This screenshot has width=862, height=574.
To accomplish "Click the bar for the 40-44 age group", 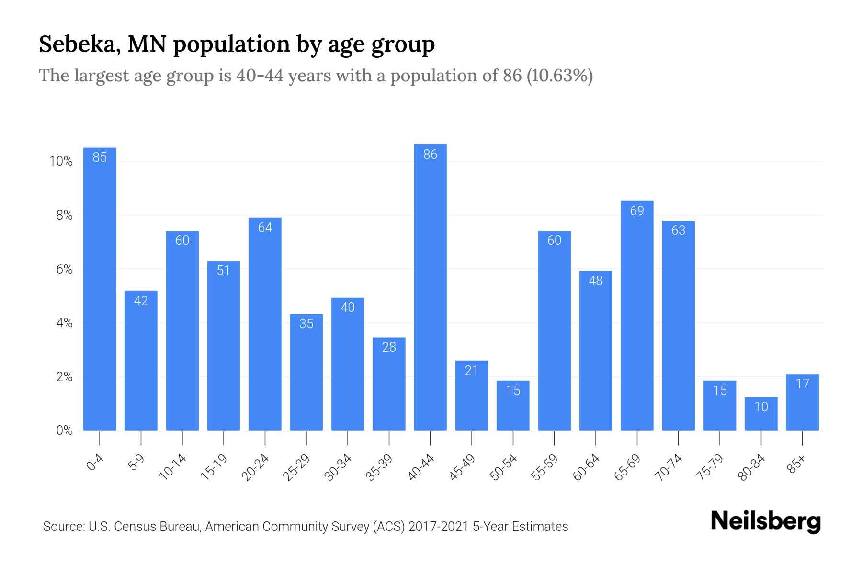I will click(430, 287).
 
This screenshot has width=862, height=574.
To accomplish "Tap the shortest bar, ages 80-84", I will click(761, 414).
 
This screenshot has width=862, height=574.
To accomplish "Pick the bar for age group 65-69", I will click(637, 316).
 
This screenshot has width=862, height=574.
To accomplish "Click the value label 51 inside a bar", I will click(224, 271).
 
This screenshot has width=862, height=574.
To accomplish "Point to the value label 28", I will click(389, 347).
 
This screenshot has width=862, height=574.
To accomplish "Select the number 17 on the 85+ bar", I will click(802, 384).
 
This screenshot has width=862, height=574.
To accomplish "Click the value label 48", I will click(595, 281).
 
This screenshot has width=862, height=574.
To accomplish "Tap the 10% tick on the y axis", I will click(61, 162).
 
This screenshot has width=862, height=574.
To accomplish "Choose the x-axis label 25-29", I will click(296, 467).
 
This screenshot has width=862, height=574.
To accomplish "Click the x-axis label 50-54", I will click(503, 467).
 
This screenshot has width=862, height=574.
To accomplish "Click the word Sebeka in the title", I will click(79, 44).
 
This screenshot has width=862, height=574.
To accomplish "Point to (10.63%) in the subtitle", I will click(559, 76).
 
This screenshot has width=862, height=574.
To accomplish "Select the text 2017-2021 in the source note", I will click(438, 527).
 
